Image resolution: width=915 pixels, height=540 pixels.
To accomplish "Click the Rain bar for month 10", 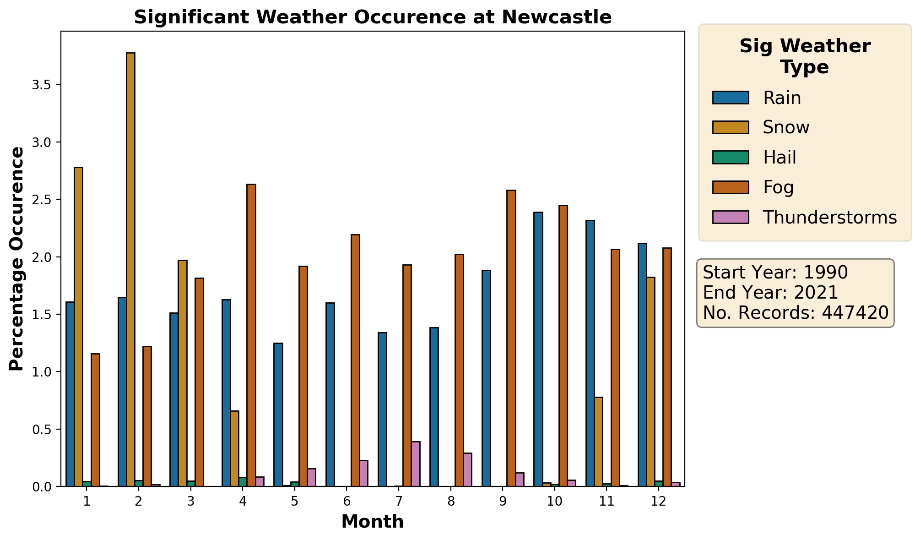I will point(538,349).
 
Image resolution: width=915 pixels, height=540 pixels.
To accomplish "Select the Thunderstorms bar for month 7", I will point(416,464).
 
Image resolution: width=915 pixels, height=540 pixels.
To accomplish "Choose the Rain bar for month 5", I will point(278,415).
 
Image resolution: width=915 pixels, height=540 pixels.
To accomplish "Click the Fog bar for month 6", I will point(355,360).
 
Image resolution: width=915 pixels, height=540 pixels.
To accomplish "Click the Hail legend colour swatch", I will point(731,158).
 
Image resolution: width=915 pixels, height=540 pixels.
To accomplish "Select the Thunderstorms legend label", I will point(829,218).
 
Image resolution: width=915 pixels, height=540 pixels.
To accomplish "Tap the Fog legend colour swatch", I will point(731,187).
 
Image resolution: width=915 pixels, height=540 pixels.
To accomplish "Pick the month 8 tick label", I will point(451,502).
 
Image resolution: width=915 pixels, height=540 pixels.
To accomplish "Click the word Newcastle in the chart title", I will point(556,17).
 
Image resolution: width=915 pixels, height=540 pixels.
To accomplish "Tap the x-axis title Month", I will point(373,522).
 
